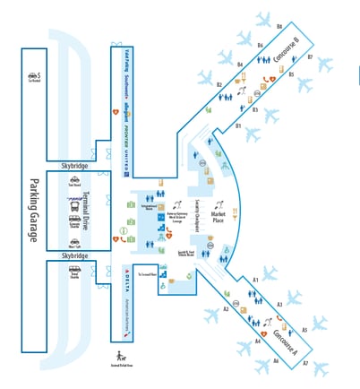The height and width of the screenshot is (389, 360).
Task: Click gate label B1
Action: tap(238, 127)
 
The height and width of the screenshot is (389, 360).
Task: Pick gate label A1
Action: tap(255, 281)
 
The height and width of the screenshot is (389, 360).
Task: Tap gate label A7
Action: tap(304, 363)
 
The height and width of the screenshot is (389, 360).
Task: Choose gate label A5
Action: tap(304, 330)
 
